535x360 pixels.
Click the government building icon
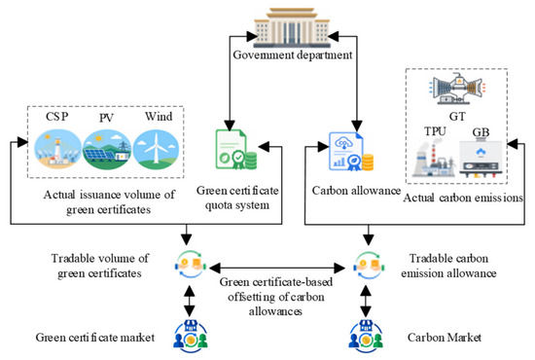pos(292,28)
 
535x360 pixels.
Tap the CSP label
pos(57,117)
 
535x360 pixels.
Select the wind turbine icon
pos(156,150)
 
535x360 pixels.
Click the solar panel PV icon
pos(107,150)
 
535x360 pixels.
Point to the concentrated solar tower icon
pos(58,150)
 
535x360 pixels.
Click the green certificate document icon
pos(236,149)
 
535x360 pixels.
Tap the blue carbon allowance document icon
pos(351,152)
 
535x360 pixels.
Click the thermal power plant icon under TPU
pos(434,158)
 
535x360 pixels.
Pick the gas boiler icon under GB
pos(481,159)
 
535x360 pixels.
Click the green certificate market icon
pos(191,337)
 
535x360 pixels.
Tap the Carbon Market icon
pos(366,337)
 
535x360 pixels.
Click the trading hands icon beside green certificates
pos(190,265)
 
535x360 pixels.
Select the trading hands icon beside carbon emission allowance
pos(370,266)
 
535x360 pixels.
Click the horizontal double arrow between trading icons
pos(277,269)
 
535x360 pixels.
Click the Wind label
pos(159,117)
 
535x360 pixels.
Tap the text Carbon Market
pos(445,338)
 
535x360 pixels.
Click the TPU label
pos(435,131)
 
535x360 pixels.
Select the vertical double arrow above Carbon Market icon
pos(366,302)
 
